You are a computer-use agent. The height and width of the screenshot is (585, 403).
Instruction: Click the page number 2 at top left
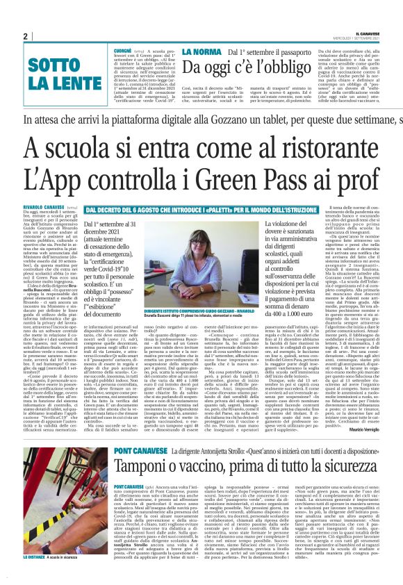coord(26,36)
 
